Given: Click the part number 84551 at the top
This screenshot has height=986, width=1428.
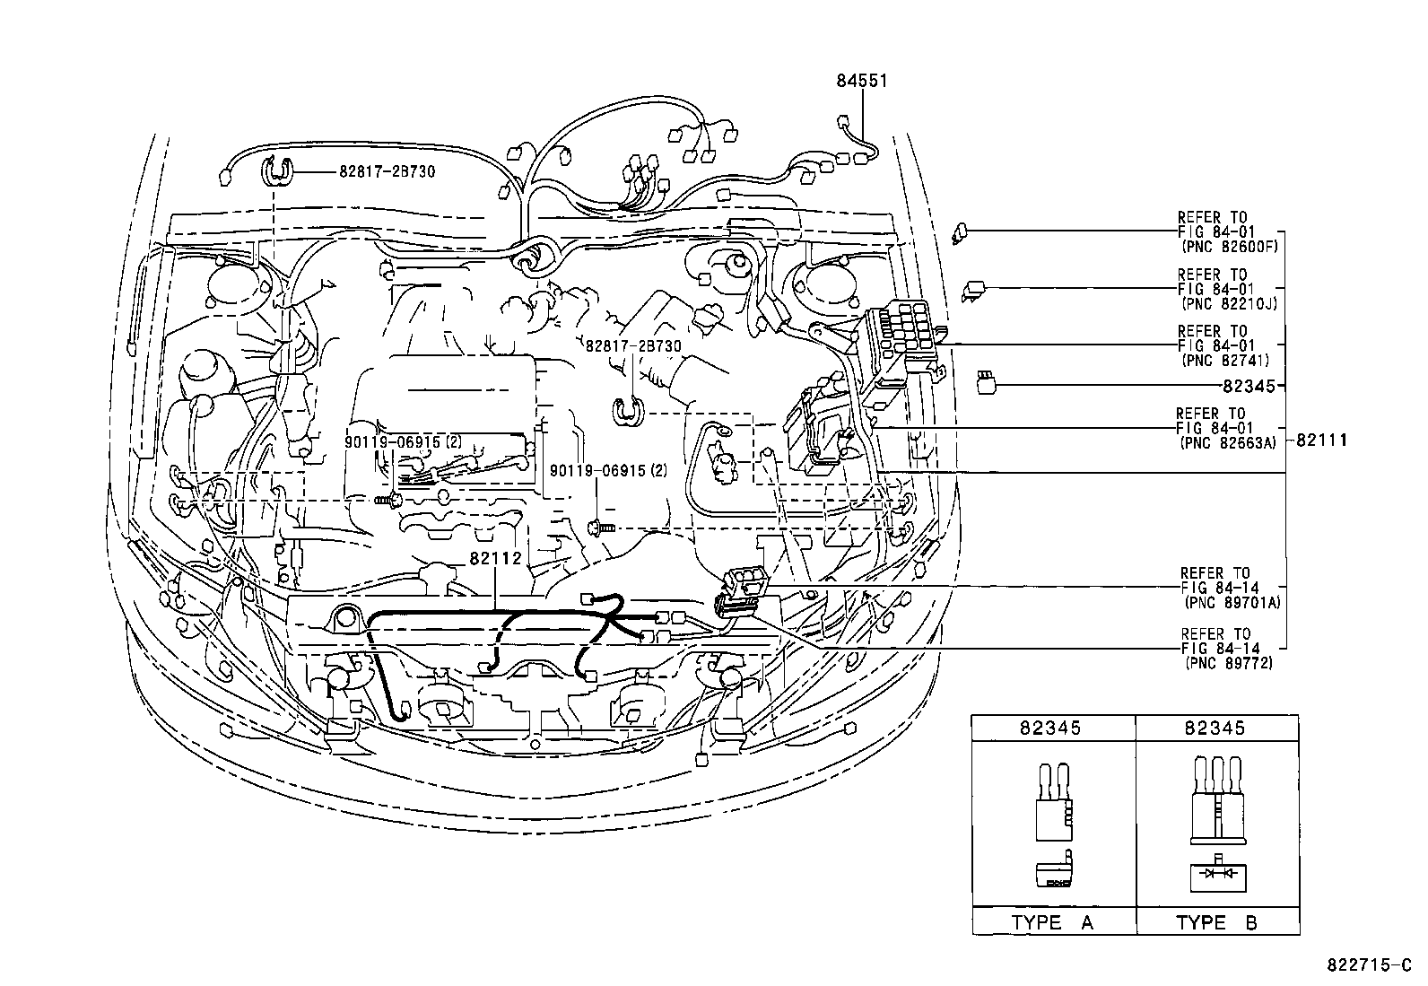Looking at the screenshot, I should (x=861, y=81).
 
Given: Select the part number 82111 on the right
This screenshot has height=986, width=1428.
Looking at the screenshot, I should (x=1321, y=441).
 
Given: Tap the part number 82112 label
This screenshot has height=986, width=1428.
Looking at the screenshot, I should (x=495, y=558).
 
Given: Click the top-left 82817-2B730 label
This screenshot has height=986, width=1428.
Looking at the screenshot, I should (x=387, y=170).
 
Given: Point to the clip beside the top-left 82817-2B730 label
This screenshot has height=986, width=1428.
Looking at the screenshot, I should (x=281, y=170).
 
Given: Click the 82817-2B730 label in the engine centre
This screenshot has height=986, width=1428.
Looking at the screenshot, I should (x=633, y=345).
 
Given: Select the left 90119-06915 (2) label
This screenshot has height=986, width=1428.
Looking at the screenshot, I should (x=405, y=441).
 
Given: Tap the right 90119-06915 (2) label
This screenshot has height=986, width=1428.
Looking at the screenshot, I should (x=608, y=470).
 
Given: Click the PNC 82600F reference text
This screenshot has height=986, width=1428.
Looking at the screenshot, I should (x=1226, y=245).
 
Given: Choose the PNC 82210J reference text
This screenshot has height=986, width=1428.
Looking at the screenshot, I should (x=1226, y=303).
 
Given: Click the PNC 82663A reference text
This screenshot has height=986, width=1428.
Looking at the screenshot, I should (x=1226, y=442).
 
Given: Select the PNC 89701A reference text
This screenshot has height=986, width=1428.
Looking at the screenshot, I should (x=1230, y=602).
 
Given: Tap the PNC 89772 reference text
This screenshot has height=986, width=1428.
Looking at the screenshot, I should (x=1226, y=663).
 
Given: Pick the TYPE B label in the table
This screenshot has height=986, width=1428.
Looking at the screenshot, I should (x=1216, y=922).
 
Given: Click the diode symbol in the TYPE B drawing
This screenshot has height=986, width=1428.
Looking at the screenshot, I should (x=1217, y=873).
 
